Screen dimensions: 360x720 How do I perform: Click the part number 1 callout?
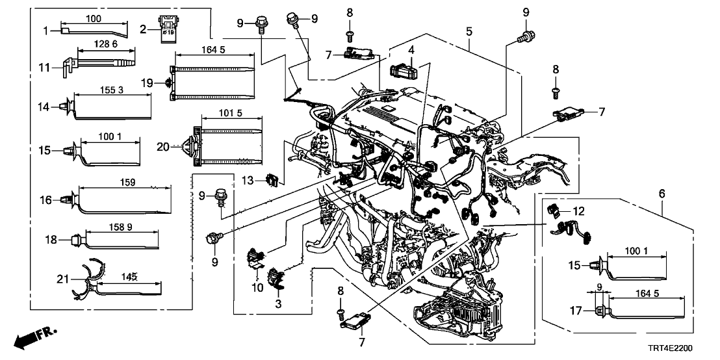click(x=46, y=30)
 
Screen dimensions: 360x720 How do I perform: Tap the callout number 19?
click(x=148, y=83)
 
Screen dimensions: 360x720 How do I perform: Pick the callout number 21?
click(x=62, y=281)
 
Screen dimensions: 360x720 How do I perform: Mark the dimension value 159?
click(x=127, y=183)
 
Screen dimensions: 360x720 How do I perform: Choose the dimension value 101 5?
click(x=231, y=114)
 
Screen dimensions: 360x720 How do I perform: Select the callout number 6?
click(x=662, y=194)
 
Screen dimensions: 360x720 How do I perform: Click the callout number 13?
click(x=256, y=179)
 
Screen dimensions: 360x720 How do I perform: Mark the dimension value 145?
click(x=129, y=277)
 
